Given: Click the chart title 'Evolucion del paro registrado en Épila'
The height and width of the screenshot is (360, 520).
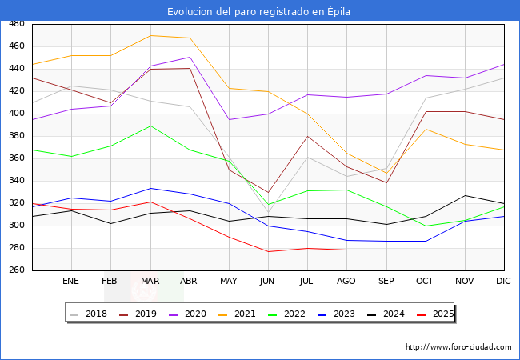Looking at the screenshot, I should coord(259,11).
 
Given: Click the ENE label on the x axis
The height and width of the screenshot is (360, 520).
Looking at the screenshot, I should coord(71,282).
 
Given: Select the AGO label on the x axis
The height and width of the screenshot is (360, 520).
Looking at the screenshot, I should coord(346,282).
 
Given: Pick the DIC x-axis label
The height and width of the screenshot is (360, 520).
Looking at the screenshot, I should coord(503,282).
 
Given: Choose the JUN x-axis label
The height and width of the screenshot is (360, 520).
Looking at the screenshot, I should coord(268,282).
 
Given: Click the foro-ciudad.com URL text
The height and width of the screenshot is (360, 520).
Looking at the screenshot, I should coord(458,347).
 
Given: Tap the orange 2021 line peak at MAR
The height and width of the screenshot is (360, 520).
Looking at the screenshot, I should coord(150,35).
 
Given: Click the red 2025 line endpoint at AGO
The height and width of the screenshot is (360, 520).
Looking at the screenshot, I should coord(346,250).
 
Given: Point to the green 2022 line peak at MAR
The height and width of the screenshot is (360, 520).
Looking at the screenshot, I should coord(150,126).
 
